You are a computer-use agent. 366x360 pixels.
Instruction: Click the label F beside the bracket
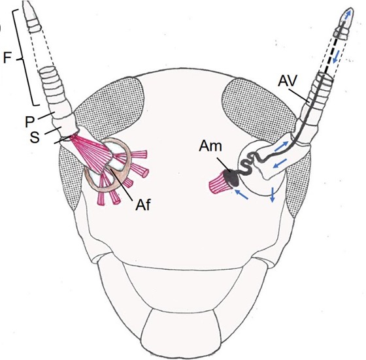(x=7, y=57)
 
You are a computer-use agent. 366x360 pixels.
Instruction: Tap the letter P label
(x=30, y=122)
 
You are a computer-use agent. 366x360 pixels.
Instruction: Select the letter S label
(x=35, y=137)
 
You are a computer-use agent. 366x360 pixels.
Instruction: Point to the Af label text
(x=143, y=205)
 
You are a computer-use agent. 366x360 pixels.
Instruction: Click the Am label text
(x=210, y=146)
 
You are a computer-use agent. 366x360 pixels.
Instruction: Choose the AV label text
(x=288, y=81)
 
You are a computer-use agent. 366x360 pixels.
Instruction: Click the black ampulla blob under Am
(x=230, y=177)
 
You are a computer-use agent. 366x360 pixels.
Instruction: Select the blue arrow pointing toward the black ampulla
(x=241, y=195)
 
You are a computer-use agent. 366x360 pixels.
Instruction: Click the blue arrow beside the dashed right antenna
(x=337, y=57)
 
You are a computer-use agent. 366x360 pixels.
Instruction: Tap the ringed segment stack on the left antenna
(x=52, y=85)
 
